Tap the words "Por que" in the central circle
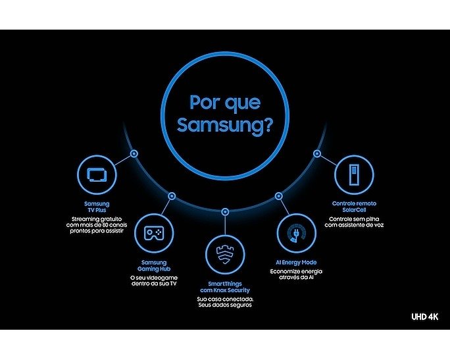pyautogui.click(x=225, y=103)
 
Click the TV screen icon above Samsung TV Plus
pyautogui.click(x=97, y=174)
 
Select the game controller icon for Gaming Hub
pyautogui.click(x=154, y=233)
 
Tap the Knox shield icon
pyautogui.click(x=225, y=255)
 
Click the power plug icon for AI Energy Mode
pyautogui.click(x=297, y=233)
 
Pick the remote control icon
pyautogui.click(x=354, y=174)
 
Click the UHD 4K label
pyautogui.click(x=425, y=317)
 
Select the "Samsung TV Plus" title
pyautogui.click(x=97, y=207)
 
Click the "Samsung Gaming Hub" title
pyautogui.click(x=154, y=265)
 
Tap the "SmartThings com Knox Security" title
pyautogui.click(x=225, y=287)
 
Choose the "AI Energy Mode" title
pyautogui.click(x=296, y=263)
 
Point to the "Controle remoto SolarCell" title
pyautogui.click(x=354, y=207)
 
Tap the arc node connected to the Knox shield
pyautogui.click(x=225, y=212)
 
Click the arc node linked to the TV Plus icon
pyautogui.click(x=134, y=153)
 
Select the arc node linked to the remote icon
pyautogui.click(x=317, y=153)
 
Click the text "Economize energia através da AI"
pyautogui.click(x=296, y=274)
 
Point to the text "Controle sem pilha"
pyautogui.click(x=354, y=219)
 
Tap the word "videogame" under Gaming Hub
pyautogui.click(x=162, y=278)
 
